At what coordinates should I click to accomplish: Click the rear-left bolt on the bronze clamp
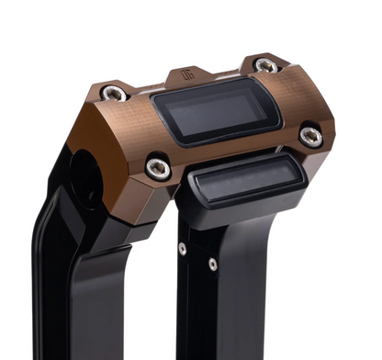coord(114,93)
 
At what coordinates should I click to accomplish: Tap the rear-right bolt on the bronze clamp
coord(265,65)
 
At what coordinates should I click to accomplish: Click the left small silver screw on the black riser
coord(183,249)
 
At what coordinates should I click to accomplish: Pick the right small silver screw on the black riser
coord(213,264)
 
